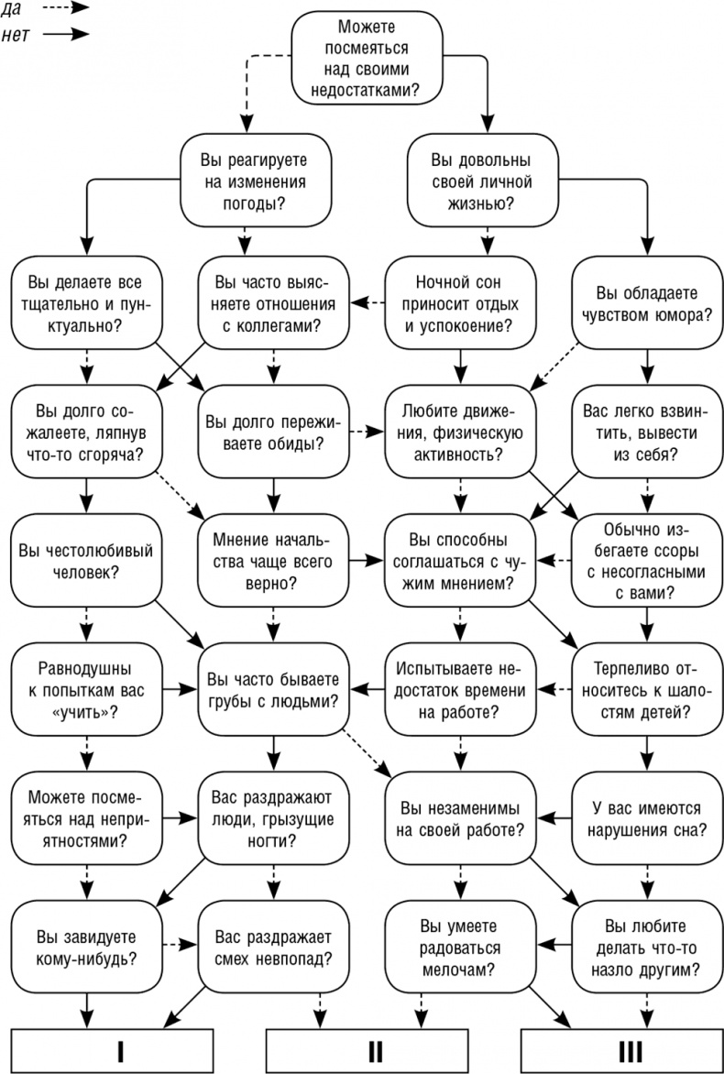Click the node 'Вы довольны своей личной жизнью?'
tap(468, 180)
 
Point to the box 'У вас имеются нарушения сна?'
tap(647, 819)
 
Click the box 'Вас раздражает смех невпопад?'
tap(273, 948)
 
